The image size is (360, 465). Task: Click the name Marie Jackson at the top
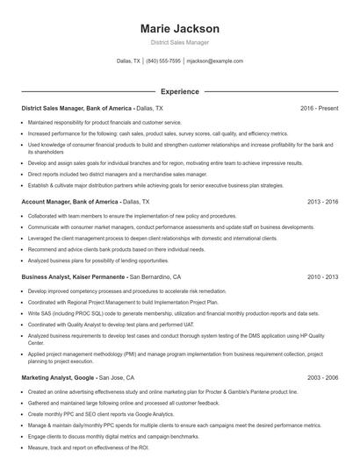coord(179,29)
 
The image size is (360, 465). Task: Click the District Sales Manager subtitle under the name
coord(179,42)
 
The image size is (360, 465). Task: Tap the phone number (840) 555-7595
coord(163,61)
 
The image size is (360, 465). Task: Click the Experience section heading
coord(179,90)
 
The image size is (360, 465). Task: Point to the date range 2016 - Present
coord(319,108)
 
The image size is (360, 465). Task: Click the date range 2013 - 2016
coord(322,201)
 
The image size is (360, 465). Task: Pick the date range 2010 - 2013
coord(322,276)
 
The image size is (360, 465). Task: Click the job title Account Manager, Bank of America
coord(70,201)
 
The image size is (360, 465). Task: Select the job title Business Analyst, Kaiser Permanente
coord(74,276)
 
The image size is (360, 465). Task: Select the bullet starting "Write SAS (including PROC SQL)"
coord(158,312)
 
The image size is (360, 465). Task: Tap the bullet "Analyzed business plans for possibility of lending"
coord(98,261)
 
